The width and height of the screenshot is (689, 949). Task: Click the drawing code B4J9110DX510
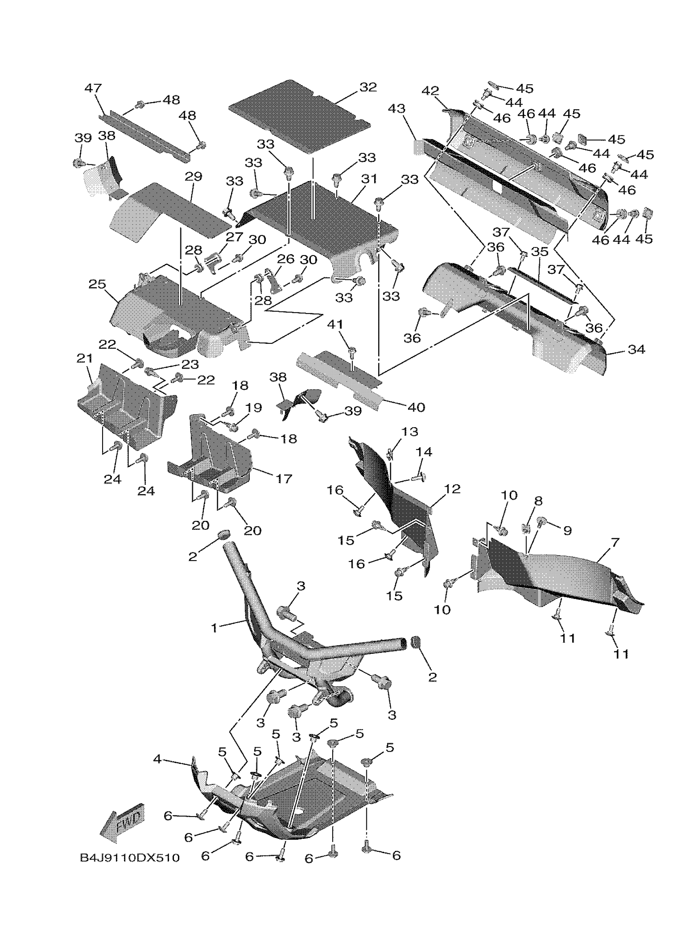pyautogui.click(x=130, y=857)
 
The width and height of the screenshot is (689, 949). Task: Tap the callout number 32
pyautogui.click(x=368, y=87)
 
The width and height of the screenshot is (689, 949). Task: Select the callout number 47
pyautogui.click(x=93, y=88)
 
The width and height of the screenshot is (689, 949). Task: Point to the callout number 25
pyautogui.click(x=97, y=284)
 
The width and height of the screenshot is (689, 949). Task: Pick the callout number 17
pyautogui.click(x=284, y=478)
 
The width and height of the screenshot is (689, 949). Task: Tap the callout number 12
pyautogui.click(x=452, y=489)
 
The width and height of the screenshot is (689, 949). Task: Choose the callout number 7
pyautogui.click(x=615, y=543)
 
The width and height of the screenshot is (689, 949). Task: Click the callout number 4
pyautogui.click(x=157, y=759)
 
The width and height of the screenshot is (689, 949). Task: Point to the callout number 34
pyautogui.click(x=636, y=349)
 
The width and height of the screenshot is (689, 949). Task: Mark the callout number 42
pyautogui.click(x=430, y=91)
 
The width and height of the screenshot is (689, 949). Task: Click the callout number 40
pyautogui.click(x=416, y=407)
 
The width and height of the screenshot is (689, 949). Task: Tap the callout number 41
pyautogui.click(x=335, y=324)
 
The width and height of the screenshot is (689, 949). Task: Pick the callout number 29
pyautogui.click(x=193, y=176)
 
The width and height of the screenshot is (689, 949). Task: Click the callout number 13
pyautogui.click(x=409, y=431)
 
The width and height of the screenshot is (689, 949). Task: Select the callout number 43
pyautogui.click(x=396, y=109)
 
